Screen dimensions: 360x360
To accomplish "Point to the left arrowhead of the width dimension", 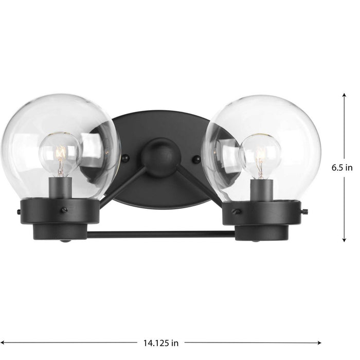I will click(x=3, y=341).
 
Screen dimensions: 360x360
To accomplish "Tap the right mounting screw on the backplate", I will click(x=195, y=160).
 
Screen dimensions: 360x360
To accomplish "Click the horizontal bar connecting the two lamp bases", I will click(x=160, y=234).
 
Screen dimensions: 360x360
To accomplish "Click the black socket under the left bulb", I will click(x=61, y=186).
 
